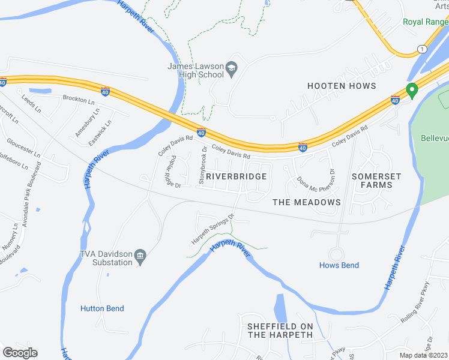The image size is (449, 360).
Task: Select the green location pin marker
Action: point(412,91)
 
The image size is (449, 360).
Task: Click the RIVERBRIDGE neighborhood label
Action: point(236,176)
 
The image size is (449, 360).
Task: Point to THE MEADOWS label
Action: point(307,202)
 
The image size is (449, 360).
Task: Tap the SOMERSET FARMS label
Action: point(372,181)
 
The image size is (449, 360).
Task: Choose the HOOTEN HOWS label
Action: point(342,86)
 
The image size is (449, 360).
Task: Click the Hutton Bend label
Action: point(102,308)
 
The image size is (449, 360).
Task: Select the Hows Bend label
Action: point(339,265)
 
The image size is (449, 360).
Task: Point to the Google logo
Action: point(20,353)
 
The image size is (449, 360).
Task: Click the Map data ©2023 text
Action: point(423,355)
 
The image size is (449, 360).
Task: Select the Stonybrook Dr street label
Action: point(204,165)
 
